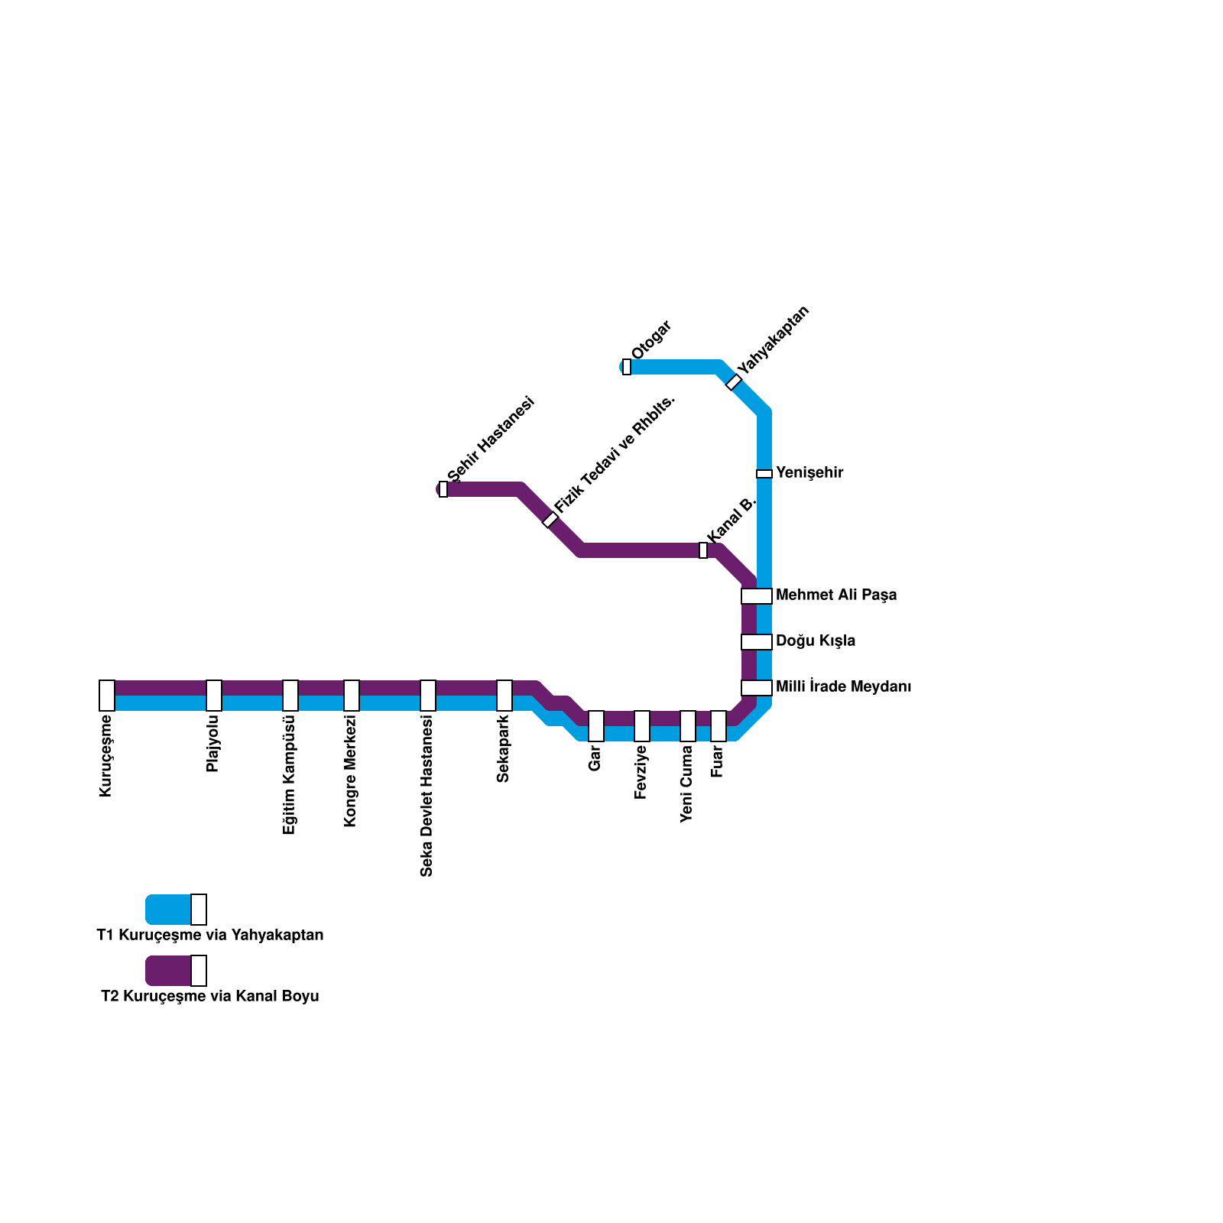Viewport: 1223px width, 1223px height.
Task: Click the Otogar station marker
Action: click(x=627, y=367)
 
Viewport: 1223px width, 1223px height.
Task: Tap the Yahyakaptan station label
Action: click(x=773, y=340)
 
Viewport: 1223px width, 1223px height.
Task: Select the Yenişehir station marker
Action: click(x=764, y=474)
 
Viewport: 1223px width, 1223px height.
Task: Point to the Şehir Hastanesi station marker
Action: click(x=443, y=489)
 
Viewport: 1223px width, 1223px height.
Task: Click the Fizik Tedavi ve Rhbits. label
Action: click(x=615, y=455)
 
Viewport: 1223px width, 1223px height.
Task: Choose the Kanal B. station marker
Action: click(x=703, y=550)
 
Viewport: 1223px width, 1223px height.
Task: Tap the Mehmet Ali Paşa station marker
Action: click(x=757, y=596)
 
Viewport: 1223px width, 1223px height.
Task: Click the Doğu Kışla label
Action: click(x=816, y=641)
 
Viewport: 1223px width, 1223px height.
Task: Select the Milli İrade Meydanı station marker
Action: click(x=757, y=688)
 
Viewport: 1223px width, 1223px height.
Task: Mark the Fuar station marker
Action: click(x=719, y=726)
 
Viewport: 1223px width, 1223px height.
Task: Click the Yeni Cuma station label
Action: click(x=687, y=784)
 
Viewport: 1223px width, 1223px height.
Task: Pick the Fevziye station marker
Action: click(x=642, y=726)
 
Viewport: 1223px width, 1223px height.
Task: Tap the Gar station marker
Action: click(x=596, y=726)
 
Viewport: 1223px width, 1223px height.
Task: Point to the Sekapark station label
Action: click(x=503, y=749)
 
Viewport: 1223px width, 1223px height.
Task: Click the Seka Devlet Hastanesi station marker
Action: click(x=428, y=696)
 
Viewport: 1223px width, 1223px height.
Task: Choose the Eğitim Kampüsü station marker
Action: click(x=290, y=696)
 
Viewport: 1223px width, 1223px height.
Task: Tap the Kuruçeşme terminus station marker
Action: click(x=107, y=696)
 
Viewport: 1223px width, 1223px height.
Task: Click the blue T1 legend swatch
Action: click(x=169, y=910)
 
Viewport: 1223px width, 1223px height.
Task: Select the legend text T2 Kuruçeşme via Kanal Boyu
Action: click(x=210, y=997)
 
